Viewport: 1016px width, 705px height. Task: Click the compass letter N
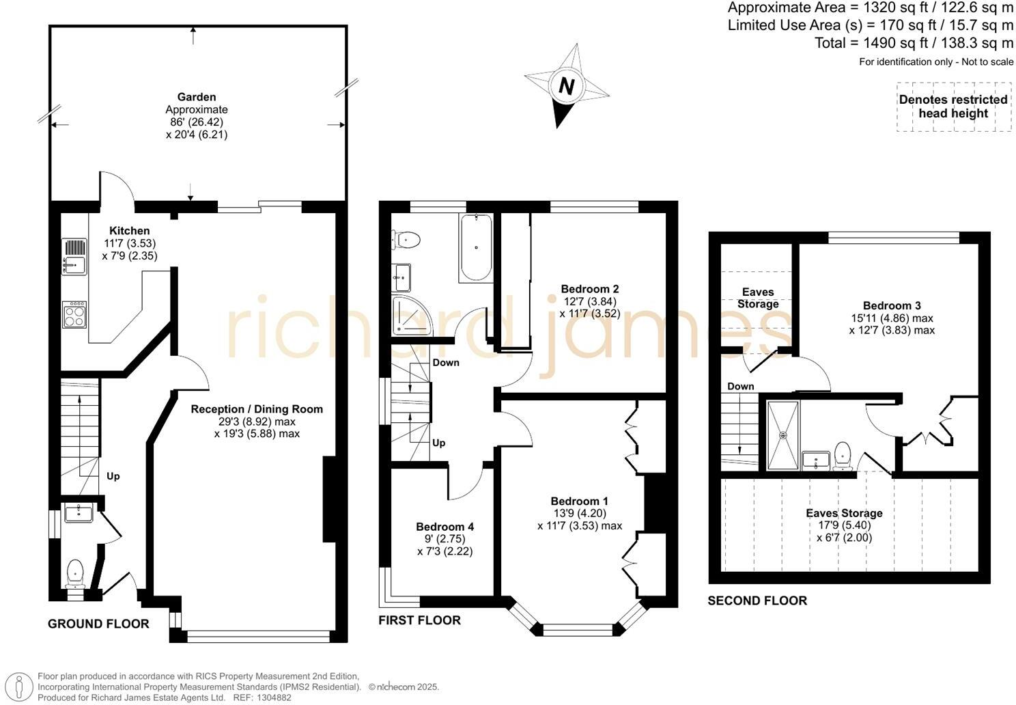click(566, 86)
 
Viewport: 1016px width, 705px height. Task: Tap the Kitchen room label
click(130, 231)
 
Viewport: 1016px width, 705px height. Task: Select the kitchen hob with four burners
click(74, 315)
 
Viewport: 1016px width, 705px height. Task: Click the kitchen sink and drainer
click(74, 256)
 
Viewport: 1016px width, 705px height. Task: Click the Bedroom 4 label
click(444, 527)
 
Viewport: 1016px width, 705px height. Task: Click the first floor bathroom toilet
click(406, 239)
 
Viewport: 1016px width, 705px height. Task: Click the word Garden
click(197, 97)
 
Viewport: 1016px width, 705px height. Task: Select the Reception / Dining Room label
click(257, 409)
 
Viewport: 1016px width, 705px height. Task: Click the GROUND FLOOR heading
click(98, 624)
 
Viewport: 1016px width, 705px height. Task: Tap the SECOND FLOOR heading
click(757, 600)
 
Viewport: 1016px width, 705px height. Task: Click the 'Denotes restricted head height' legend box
click(953, 107)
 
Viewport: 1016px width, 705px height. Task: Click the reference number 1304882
click(272, 697)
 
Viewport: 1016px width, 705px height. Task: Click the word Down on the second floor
click(741, 386)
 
